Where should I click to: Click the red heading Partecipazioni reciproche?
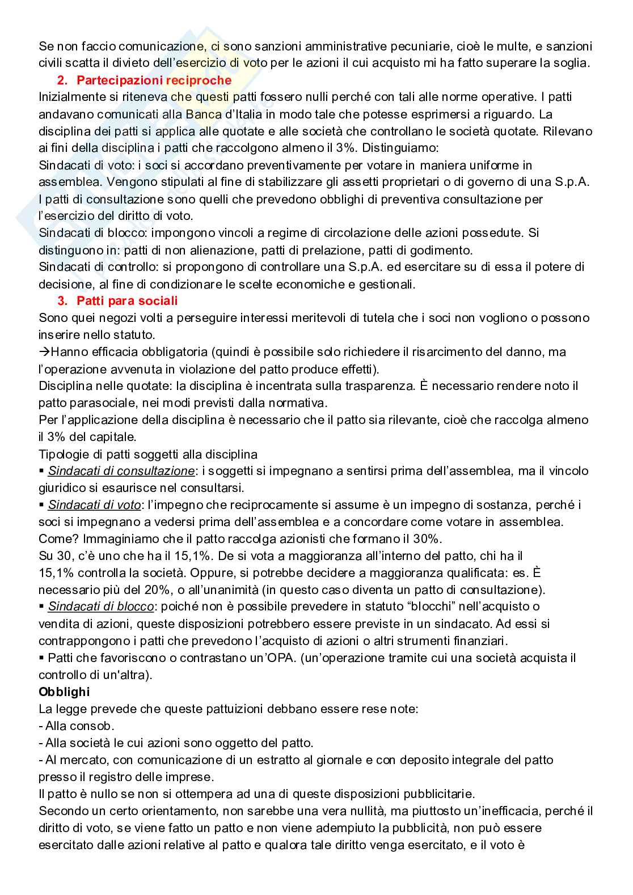[x=154, y=80]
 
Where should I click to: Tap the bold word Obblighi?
[x=64, y=692]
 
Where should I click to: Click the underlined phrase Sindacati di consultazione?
[x=121, y=470]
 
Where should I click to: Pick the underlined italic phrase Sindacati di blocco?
[x=100, y=606]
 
